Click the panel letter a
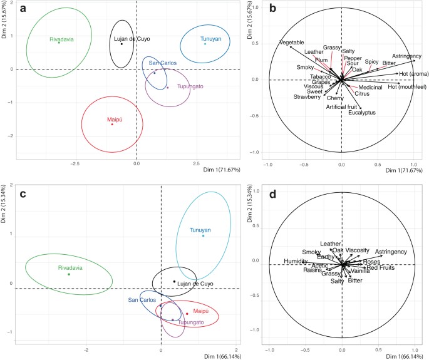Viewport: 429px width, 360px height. pyautogui.click(x=23, y=8)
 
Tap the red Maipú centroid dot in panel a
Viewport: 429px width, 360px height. pyautogui.click(x=112, y=124)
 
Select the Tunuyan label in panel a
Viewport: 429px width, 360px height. pyautogui.click(x=211, y=39)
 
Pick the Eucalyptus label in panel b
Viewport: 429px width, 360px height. pyautogui.click(x=362, y=113)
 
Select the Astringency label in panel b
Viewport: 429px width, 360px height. pyautogui.click(x=406, y=56)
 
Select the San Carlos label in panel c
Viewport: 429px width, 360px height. pyautogui.click(x=142, y=300)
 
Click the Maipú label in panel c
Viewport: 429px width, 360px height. pyautogui.click(x=200, y=311)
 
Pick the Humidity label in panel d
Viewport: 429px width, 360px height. pyautogui.click(x=295, y=261)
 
